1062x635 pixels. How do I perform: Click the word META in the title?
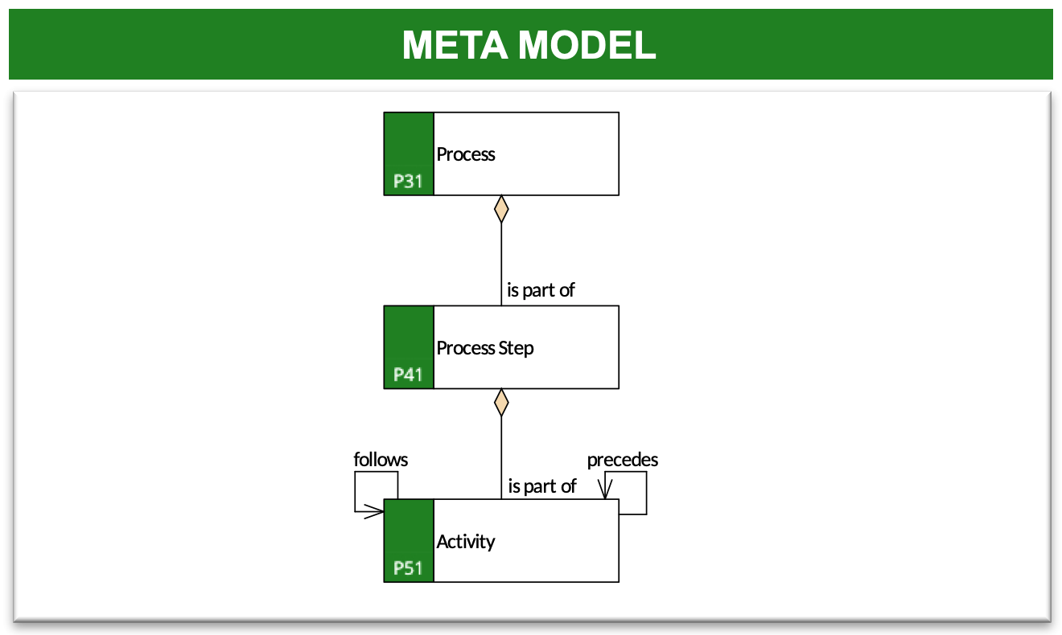[x=455, y=45]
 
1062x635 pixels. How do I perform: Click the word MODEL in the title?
[x=587, y=45]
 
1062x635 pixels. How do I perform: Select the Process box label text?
[x=466, y=154]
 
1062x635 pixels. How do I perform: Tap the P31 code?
[x=408, y=181]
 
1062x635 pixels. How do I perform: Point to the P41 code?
[x=408, y=375]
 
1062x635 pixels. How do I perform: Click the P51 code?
[x=408, y=567]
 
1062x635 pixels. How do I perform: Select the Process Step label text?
[x=485, y=349]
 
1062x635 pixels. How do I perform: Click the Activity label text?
[x=466, y=542]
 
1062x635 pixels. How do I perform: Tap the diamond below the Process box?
[x=501, y=209]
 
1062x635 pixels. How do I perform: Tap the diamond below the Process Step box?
[x=501, y=403]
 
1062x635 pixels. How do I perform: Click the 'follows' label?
[x=381, y=459]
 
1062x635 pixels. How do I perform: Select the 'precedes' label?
[x=623, y=460]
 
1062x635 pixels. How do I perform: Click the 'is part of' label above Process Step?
[x=541, y=290]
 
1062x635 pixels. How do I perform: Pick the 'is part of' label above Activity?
[x=542, y=486]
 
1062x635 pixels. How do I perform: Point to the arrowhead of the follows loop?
[x=375, y=511]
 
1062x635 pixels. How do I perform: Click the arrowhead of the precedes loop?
[x=605, y=490]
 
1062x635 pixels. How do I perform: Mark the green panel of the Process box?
[x=409, y=154]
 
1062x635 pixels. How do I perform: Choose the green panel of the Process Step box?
[x=409, y=347]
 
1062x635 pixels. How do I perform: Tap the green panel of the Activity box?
[x=409, y=541]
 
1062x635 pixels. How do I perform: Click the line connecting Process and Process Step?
[x=501, y=264]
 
